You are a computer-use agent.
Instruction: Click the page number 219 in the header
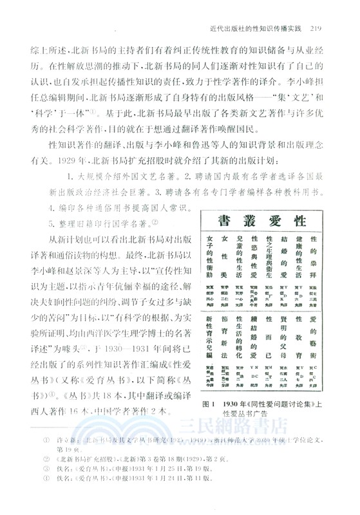coord(319,27)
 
